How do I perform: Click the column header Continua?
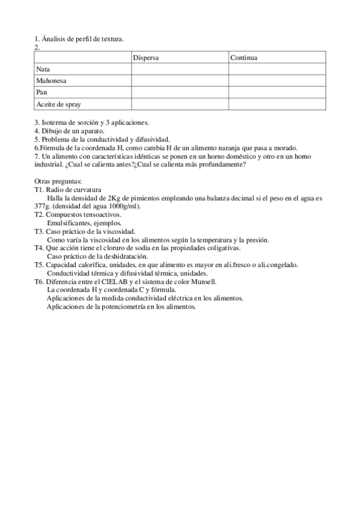click(244, 58)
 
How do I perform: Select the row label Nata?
click(43, 69)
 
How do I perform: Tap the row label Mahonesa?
click(51, 81)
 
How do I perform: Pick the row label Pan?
click(41, 92)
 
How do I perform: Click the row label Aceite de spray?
click(58, 104)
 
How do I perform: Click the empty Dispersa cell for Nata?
click(179, 69)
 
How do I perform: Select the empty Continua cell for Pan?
click(276, 92)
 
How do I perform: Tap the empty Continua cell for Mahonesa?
click(276, 81)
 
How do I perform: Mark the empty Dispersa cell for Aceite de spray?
click(179, 104)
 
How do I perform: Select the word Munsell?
click(203, 281)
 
